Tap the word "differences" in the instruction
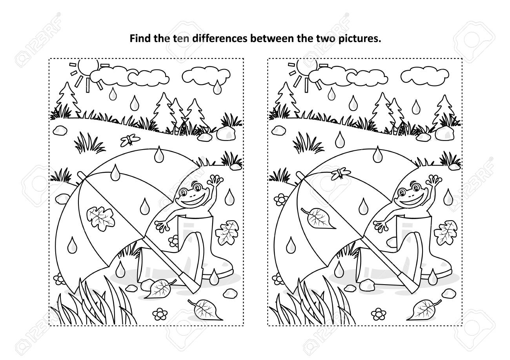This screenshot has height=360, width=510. coord(220,38)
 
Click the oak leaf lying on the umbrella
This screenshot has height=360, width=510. coord(100,218)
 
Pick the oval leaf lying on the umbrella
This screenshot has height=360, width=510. coord(318,217)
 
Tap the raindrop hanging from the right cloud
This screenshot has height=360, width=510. coord(217,87)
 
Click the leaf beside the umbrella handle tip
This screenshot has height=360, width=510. coord(160,288)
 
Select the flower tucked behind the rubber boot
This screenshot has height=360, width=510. coord(174,241)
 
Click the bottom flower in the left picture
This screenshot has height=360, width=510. coord(160,314)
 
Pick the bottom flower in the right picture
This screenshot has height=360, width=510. coord(379,314)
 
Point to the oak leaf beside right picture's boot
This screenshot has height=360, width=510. coord(446,232)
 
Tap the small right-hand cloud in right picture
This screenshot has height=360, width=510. coord(425,75)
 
